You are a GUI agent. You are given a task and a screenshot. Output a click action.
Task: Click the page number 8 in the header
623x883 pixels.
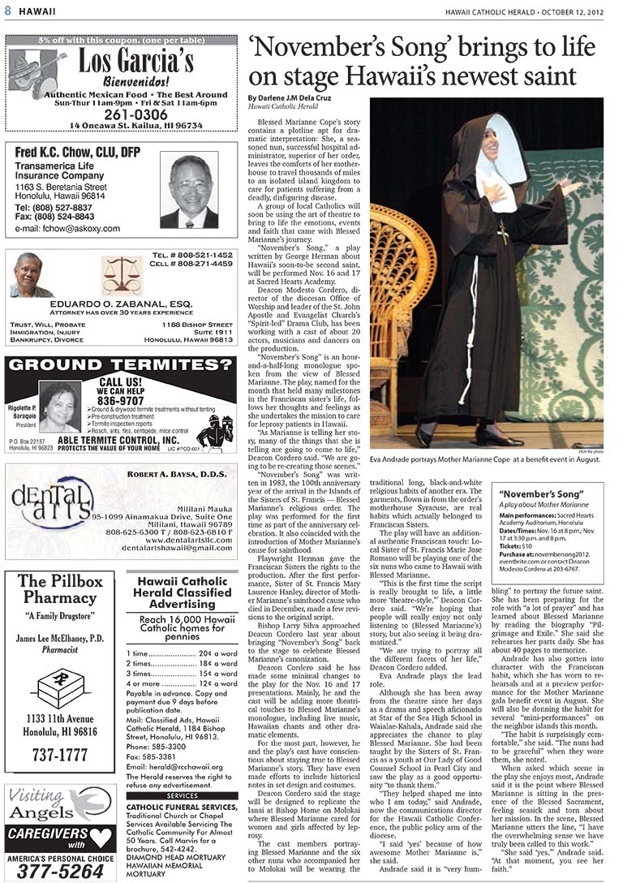coord(7,11)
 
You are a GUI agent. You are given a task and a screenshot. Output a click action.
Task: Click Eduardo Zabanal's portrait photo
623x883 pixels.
coord(32,277)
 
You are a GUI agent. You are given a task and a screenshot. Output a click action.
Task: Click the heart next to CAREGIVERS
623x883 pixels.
coord(101,834)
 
